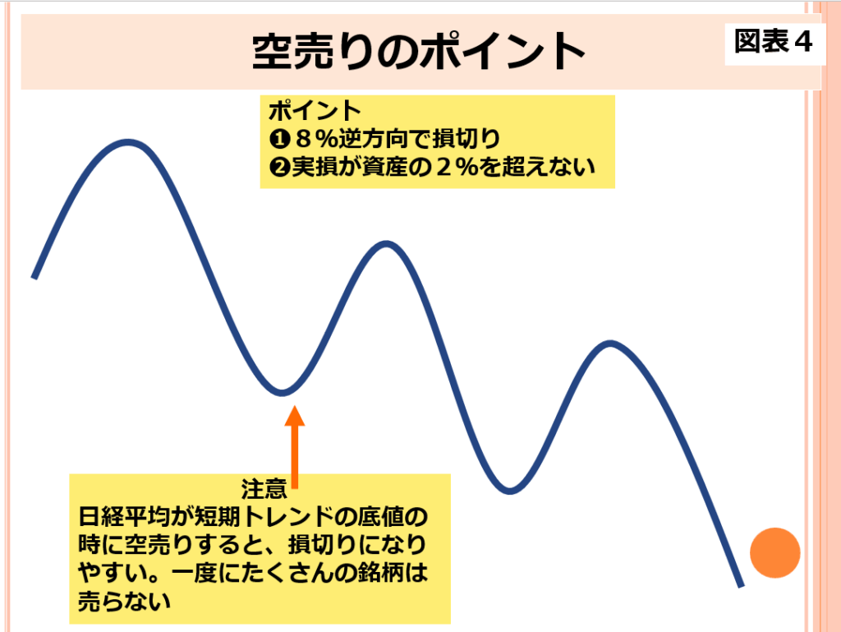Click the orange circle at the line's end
(774, 552)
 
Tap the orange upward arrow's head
(295, 416)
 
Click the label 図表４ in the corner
(774, 42)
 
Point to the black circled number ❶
(279, 140)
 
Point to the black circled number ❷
(279, 168)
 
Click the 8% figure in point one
(315, 140)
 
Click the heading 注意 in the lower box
(264, 489)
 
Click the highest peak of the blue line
(127, 143)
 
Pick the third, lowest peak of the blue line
(610, 344)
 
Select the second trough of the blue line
(509, 490)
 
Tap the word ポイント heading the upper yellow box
(315, 111)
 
